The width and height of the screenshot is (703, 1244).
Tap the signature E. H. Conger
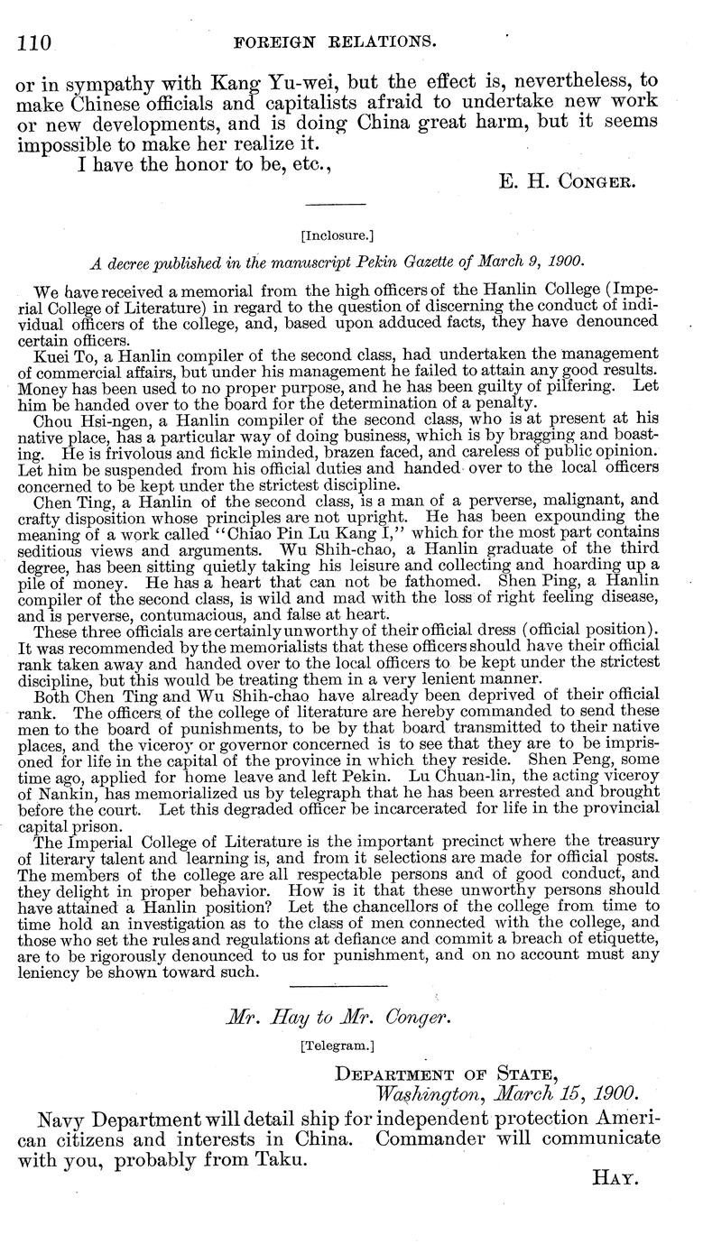coord(568,180)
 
